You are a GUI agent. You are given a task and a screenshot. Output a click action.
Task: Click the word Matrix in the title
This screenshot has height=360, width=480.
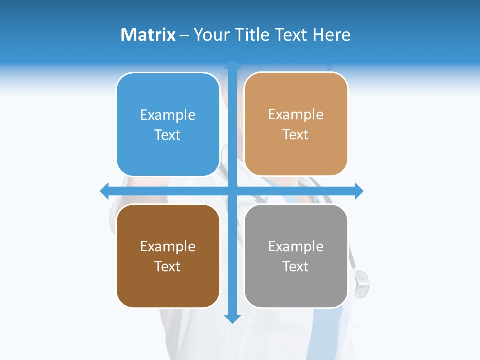148,35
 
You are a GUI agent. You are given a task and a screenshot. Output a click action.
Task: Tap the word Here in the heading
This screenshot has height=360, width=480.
331,35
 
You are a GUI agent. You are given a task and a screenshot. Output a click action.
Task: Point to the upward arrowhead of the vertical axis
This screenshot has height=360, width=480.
232,65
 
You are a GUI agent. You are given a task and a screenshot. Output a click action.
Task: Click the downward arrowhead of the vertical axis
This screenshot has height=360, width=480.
232,318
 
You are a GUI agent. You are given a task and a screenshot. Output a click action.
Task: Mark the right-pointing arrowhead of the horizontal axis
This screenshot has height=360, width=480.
359,191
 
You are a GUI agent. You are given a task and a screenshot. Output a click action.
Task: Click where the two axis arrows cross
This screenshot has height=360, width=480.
232,191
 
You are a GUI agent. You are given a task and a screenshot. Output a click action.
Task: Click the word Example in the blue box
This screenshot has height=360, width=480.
168,115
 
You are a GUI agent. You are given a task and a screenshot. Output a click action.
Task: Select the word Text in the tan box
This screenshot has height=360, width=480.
296,135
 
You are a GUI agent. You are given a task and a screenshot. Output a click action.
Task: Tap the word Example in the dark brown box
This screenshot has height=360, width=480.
168,247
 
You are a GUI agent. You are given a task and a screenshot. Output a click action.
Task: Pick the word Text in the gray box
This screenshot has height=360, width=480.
296,266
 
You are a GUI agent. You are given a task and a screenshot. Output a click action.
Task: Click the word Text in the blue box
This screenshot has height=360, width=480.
168,135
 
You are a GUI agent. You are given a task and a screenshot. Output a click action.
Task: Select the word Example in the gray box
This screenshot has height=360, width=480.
296,247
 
